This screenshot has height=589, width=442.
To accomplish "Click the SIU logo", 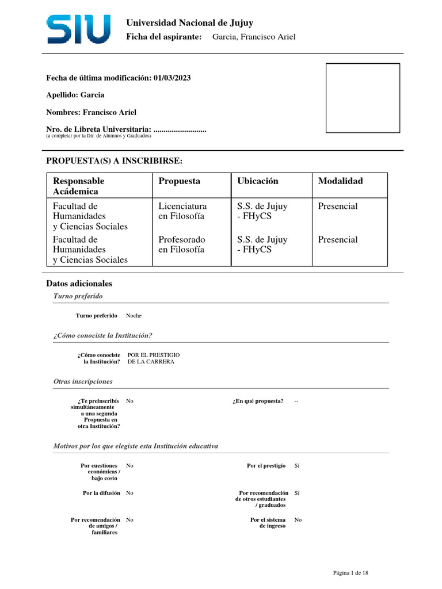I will coord(79,29).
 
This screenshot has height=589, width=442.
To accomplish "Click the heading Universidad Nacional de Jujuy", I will coord(189,23).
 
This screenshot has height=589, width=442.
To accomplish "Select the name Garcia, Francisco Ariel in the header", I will coord(254,37).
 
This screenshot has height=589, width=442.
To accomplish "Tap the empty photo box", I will coord(363,98).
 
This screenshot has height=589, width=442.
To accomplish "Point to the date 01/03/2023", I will coord(172,78).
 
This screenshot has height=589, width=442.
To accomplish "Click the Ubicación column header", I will coord(257,181).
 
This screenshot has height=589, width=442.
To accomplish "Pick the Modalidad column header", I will coord(340,181).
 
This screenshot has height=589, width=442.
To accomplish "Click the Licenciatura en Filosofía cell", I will coord(182,211).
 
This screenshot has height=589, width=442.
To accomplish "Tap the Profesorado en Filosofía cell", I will coord(182,244).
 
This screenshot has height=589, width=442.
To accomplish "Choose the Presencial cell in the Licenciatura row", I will coord(338,206).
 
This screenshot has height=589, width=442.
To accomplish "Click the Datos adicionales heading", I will coord(79,284).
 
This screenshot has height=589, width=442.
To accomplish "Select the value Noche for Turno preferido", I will coord(134,316).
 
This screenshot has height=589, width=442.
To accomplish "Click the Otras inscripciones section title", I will coord(83,381).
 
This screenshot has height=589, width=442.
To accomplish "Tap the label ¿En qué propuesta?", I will coord(258,401).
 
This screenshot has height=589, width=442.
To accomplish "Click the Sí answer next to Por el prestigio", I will coord(297,465).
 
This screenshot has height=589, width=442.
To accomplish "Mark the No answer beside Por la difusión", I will coord(129,493).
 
